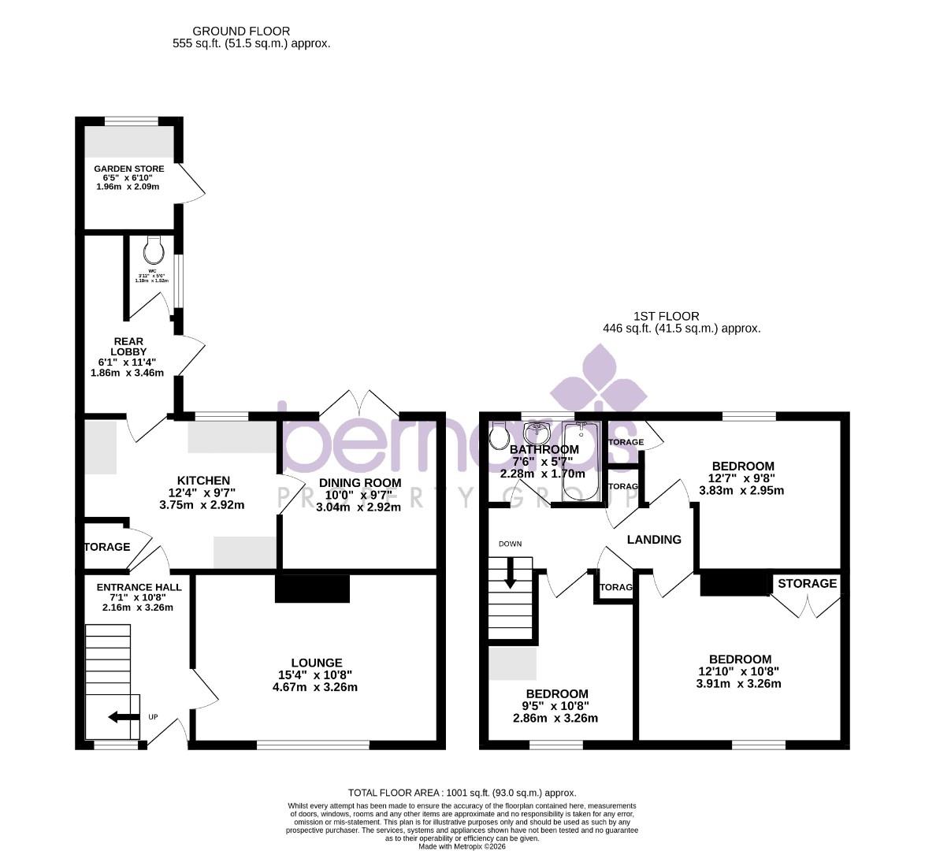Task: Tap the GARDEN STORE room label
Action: tap(129, 169)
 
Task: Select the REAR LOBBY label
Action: tap(128, 347)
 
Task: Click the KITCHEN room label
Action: tap(203, 481)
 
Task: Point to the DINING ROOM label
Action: tap(359, 483)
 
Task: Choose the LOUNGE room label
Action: tap(316, 663)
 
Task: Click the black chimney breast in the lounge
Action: tap(312, 589)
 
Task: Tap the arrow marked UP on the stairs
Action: tap(123, 717)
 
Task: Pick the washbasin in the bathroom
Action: tap(538, 433)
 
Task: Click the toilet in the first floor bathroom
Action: tap(500, 435)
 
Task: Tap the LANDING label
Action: tap(654, 540)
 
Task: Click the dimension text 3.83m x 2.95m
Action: tap(741, 490)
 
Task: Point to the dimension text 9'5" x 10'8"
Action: tap(555, 706)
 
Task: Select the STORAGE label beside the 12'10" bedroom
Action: tap(807, 584)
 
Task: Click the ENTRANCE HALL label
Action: tap(139, 587)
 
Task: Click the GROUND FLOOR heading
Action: tap(230, 32)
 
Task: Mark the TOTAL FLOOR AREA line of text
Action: tap(462, 793)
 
